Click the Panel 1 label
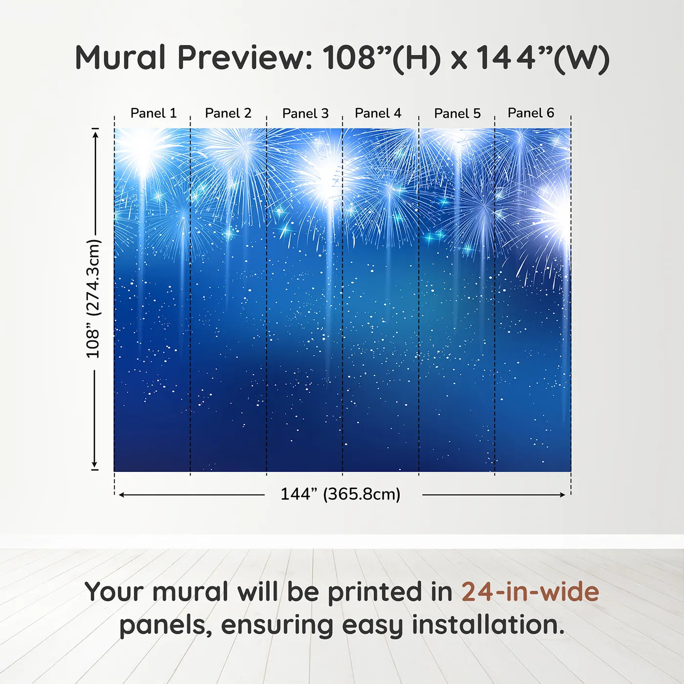153,113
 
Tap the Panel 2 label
228,113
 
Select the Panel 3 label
305,114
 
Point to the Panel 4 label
378,113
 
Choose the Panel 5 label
457,114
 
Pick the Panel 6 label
531,113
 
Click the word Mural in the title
120,58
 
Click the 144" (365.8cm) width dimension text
341,494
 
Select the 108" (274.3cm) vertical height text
93,299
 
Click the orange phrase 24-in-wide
530,592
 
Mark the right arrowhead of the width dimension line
563,495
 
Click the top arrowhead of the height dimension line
95,133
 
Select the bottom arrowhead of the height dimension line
95,465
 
